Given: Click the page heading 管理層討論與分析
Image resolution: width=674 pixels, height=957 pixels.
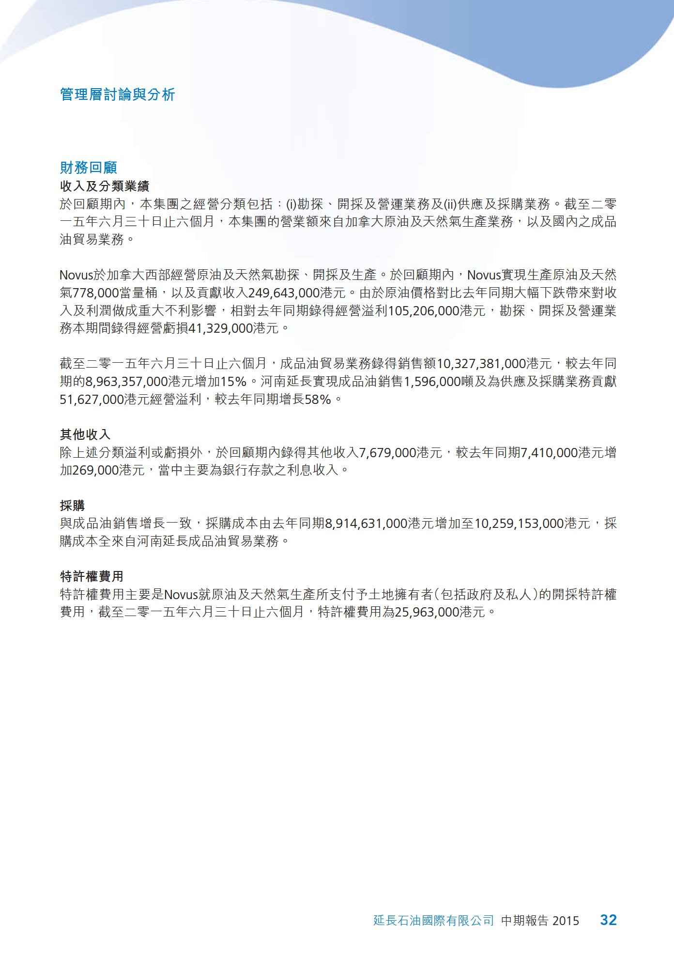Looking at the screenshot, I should pos(118,94).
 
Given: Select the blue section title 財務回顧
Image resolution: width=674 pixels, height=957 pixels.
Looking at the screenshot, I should pos(89,168).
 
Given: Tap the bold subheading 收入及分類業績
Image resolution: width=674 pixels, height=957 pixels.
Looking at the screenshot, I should pos(105,186).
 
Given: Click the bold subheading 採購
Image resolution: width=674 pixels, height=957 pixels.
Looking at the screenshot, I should pos(73,506).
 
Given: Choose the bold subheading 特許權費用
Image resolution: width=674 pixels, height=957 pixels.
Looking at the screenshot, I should pos(92,576).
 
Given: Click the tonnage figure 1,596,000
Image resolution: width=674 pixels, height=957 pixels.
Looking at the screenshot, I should pos(432,382).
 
